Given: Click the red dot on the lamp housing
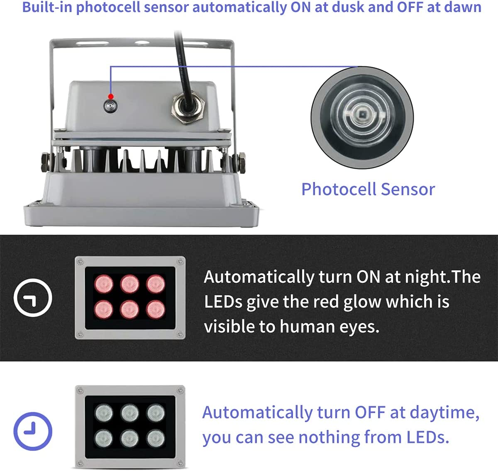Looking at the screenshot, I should click(111, 97).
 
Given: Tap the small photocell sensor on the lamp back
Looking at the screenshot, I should click(110, 106).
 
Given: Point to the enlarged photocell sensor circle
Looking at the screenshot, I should click(362, 117).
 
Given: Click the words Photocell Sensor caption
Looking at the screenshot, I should click(368, 189).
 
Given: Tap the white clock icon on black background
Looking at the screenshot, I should click(33, 298).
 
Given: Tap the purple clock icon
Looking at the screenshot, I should click(33, 431).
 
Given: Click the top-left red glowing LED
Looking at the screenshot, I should click(103, 284).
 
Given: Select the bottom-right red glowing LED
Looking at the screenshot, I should click(156, 309).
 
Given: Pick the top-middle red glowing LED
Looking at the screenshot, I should click(129, 284).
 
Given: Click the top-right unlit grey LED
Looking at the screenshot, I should click(156, 413).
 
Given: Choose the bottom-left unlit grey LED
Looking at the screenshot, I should click(103, 438).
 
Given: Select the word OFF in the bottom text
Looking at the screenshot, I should click(370, 413).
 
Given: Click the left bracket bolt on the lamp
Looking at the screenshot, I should click(45, 162).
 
